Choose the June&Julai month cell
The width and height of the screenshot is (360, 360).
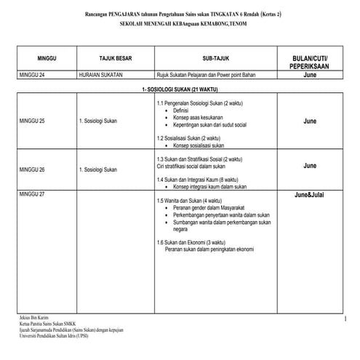coord(310,196)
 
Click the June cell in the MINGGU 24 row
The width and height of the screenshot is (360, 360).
coord(310,75)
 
